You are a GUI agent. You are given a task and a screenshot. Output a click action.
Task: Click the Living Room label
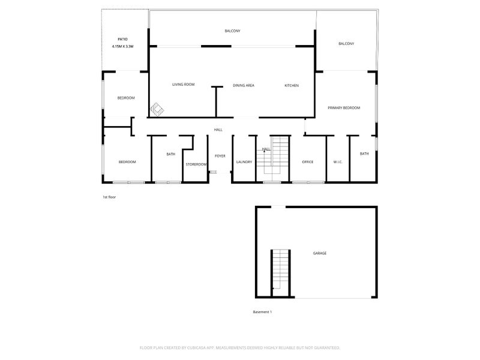tap(184, 85)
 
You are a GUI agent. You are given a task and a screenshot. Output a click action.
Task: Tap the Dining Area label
tap(244, 85)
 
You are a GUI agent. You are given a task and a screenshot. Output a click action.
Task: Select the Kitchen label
tap(292, 85)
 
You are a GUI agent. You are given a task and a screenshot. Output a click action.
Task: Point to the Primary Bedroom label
tap(344, 108)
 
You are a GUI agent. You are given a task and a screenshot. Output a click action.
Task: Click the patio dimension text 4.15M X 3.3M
tap(122, 47)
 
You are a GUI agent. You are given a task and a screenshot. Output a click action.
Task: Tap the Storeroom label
tap(196, 164)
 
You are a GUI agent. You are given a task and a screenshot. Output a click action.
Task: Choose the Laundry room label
tap(244, 162)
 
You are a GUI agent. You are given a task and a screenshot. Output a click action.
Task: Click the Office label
tap(308, 162)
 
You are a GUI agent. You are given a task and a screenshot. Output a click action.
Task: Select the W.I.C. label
tap(338, 162)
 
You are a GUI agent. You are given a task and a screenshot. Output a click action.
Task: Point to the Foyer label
tap(220, 156)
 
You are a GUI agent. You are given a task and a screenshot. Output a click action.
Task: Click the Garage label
tap(320, 253)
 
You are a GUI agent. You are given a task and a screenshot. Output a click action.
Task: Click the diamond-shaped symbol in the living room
tap(157, 110)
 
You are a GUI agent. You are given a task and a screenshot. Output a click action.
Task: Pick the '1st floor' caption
tap(109, 197)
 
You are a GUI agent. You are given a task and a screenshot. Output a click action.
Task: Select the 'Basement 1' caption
tap(262, 312)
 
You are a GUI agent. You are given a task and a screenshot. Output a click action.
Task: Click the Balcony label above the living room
tap(232, 31)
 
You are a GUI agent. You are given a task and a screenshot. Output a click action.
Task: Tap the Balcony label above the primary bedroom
tap(346, 44)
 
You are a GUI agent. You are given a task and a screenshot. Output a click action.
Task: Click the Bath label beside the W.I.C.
tap(364, 154)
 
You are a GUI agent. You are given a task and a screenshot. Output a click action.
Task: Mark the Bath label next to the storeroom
tap(171, 154)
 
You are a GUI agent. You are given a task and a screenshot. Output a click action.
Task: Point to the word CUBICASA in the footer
tap(196, 348)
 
